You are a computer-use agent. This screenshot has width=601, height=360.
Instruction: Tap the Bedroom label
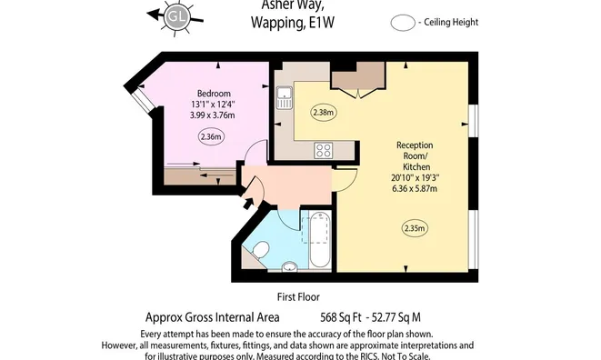point(214,94)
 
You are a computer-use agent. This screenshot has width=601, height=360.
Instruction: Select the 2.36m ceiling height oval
point(212,137)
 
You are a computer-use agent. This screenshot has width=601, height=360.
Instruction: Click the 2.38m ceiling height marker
point(324,114)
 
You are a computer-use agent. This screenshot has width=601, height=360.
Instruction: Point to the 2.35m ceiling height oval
point(415,228)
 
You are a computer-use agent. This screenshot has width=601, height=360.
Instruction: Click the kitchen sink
point(285,97)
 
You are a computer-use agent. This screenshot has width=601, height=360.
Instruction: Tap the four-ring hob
point(324,151)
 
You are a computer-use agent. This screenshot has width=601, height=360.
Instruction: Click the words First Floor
point(299,297)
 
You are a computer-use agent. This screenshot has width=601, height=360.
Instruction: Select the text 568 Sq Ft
point(346,317)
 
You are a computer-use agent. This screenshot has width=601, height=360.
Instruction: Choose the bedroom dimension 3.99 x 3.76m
point(214,115)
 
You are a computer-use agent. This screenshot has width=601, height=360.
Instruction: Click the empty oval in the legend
point(401,23)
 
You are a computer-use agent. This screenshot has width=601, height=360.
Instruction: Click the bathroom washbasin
point(290,266)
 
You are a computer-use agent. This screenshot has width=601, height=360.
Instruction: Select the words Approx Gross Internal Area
point(213,317)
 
